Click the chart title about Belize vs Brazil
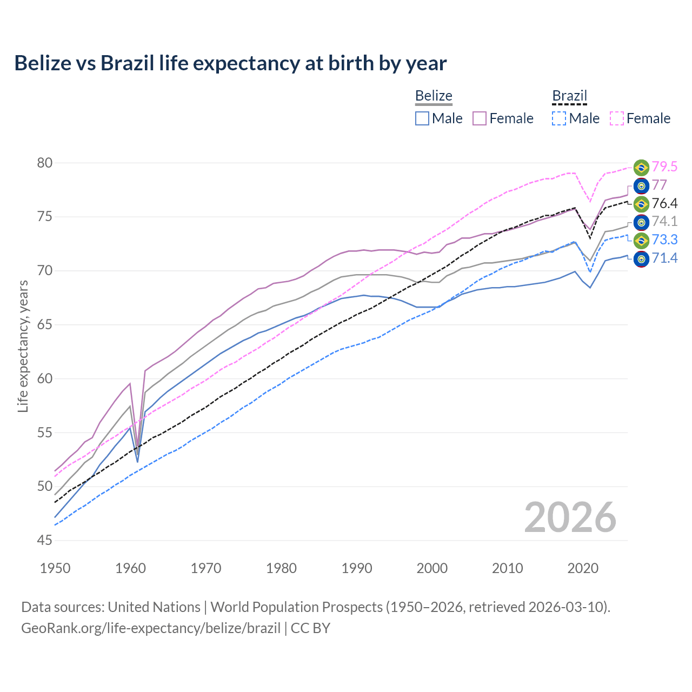(230, 63)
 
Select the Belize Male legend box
(422, 118)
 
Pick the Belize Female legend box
(480, 118)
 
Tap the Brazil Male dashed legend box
(559, 118)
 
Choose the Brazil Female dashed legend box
(617, 118)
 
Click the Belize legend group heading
(434, 96)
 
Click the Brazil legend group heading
(569, 96)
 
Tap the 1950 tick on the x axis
(55, 568)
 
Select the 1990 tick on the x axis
(357, 568)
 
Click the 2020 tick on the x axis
(583, 568)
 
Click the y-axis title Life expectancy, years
(23, 346)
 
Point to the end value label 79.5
(664, 167)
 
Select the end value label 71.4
(664, 258)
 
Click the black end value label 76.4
(664, 204)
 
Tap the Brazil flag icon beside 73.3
(641, 240)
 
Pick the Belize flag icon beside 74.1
(641, 222)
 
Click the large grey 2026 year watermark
(570, 517)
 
